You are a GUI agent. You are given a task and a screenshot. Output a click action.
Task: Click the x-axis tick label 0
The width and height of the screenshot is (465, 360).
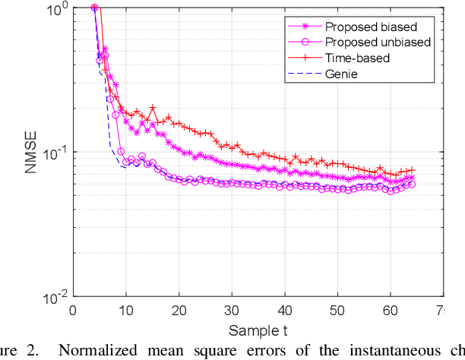pyautogui.click(x=73, y=310)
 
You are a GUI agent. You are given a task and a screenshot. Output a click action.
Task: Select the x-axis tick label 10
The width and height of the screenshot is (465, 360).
pyautogui.click(x=125, y=310)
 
